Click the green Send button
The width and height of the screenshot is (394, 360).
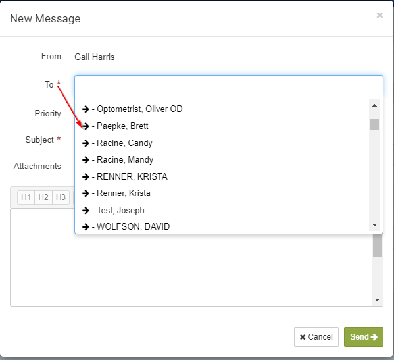tap(363, 336)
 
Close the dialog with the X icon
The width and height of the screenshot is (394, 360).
tap(380, 15)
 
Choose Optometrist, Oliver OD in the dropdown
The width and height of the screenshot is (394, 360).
tap(132, 109)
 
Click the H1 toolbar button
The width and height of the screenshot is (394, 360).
tap(26, 197)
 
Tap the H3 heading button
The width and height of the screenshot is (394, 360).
tap(61, 197)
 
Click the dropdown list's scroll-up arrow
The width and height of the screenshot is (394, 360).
tap(374, 105)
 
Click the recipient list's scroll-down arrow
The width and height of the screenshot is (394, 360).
tap(374, 225)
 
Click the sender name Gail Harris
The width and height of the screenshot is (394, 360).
tap(95, 57)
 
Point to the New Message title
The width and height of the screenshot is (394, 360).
tap(45, 18)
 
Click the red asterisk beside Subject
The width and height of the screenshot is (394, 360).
tap(59, 138)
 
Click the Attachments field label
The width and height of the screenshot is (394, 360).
tap(37, 166)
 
